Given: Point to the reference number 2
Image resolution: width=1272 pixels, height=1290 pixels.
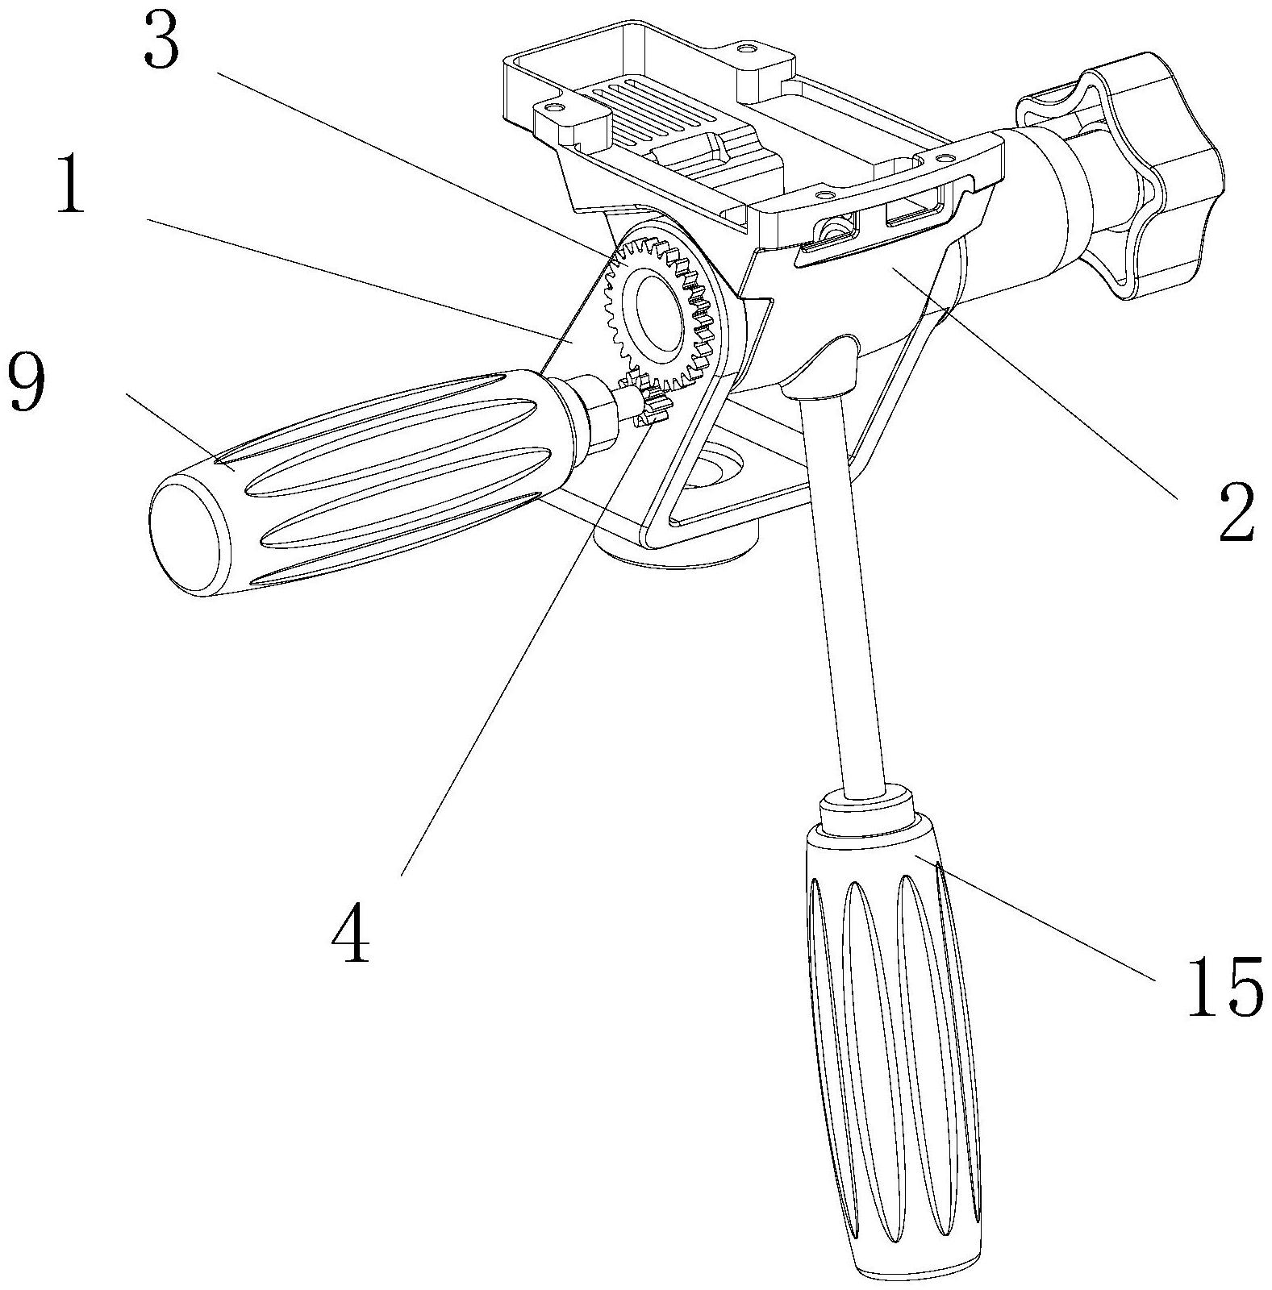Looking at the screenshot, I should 1234,514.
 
